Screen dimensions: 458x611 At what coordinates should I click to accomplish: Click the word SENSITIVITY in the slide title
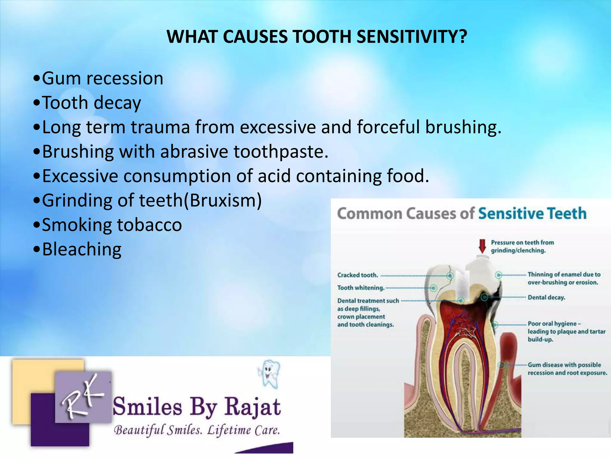pos(412,37)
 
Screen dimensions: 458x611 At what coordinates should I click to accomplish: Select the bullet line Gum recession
pos(102,79)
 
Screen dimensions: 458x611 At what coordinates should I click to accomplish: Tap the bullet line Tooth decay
pos(91,103)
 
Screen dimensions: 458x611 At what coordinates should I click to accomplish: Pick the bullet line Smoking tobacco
pos(112,225)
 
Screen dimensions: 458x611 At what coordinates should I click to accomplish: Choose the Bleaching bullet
pos(81,250)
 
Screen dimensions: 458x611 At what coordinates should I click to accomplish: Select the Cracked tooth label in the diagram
pos(357,275)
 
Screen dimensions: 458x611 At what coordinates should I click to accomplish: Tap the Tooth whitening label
pos(361,288)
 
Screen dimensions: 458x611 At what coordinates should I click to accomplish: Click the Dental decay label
pos(546,298)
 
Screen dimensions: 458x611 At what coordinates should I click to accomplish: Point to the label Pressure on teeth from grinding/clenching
pos(522,247)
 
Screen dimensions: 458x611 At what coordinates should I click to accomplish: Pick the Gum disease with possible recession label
pos(567,369)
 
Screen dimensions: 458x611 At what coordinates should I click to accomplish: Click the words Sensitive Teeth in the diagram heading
pos(532,214)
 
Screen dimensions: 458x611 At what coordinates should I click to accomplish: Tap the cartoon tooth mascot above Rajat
pos(269,374)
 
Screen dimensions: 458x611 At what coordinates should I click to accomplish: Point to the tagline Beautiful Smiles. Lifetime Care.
pos(197,430)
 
